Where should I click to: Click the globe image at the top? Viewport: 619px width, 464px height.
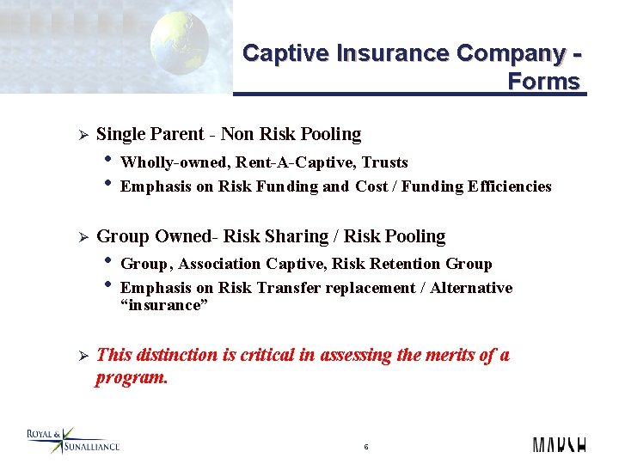179,45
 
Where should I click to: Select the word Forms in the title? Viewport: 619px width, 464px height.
543,82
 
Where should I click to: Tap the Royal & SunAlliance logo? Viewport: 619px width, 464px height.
72,440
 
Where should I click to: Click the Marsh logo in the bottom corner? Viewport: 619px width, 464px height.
559,444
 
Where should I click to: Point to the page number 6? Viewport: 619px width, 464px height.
366,447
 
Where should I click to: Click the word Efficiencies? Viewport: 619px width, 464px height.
509,186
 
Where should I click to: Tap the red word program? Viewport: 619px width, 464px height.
132,377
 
